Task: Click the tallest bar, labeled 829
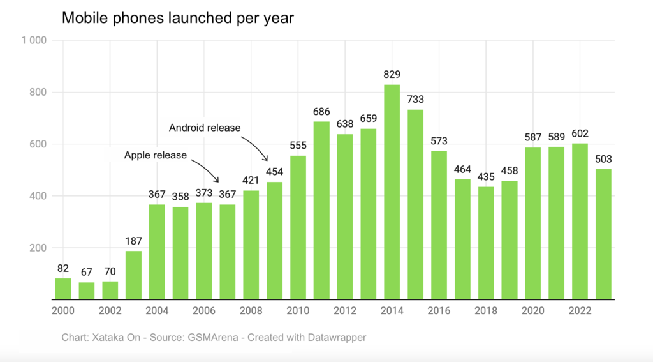[x=392, y=192]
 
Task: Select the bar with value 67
[x=87, y=290]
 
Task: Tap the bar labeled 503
[x=603, y=234]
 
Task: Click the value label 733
[x=415, y=100]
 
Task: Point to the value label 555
[x=298, y=146]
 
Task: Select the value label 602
[x=580, y=133]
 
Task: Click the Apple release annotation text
[x=156, y=155]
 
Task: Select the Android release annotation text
[x=205, y=128]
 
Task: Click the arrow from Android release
[x=257, y=146]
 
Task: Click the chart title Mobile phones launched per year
[x=177, y=18]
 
